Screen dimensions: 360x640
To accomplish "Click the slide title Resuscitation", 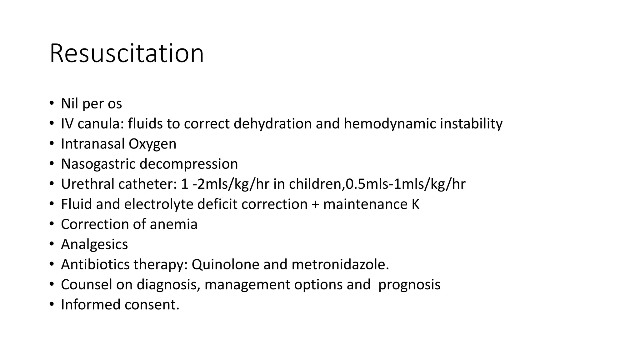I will (127, 53).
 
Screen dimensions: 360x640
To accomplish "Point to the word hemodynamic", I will (390, 124).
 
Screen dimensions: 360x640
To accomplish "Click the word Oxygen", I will (152, 144).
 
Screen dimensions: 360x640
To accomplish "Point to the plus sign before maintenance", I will (315, 204).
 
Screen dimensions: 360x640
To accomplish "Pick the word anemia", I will (173, 224).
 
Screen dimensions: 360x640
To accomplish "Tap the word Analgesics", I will (94, 244).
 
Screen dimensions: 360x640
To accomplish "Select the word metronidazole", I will (340, 264).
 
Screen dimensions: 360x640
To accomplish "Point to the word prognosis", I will (409, 285).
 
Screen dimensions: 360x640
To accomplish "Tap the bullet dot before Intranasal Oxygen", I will (52, 144).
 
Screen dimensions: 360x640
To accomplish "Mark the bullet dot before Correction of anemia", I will (52, 224).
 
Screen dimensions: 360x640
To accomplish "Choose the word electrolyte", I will (158, 204).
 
